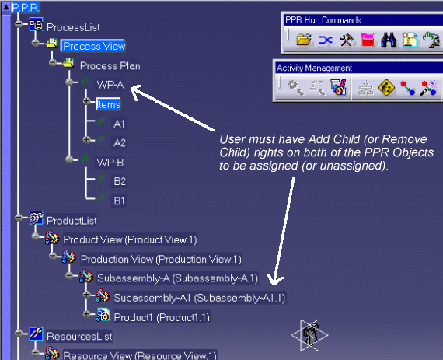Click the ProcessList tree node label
73,27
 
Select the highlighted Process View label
93,46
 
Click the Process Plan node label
110,66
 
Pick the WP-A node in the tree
110,85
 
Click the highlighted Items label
108,104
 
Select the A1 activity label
119,124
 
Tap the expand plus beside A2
87,140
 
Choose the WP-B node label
110,163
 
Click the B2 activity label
120,181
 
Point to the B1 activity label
119,201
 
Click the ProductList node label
72,221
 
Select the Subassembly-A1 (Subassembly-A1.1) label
200,298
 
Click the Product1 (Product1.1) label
162,317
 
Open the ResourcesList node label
79,336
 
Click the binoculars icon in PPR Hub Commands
389,40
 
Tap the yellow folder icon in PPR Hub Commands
304,40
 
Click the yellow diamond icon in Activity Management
386,87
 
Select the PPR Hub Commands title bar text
323,20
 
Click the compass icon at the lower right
309,335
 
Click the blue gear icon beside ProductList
37,218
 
